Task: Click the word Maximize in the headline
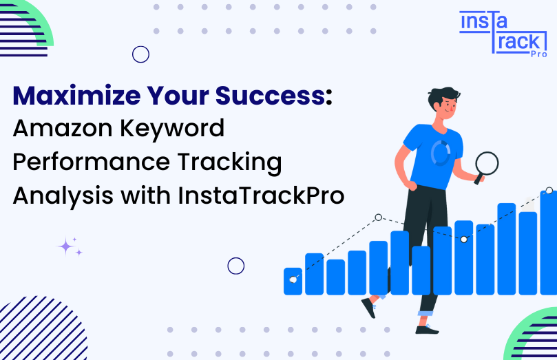click(76, 96)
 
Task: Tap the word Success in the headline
click(270, 96)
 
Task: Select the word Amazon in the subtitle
click(63, 128)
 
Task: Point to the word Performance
click(92, 162)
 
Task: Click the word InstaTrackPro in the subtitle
click(261, 195)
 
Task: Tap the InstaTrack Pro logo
click(503, 34)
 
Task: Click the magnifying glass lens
click(487, 163)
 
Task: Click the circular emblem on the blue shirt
click(441, 153)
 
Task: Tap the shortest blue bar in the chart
click(293, 281)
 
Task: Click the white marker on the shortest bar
click(293, 279)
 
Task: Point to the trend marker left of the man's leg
click(379, 218)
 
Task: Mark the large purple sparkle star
click(65, 246)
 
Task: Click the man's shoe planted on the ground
click(427, 330)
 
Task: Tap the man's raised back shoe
click(369, 308)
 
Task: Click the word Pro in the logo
click(539, 54)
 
